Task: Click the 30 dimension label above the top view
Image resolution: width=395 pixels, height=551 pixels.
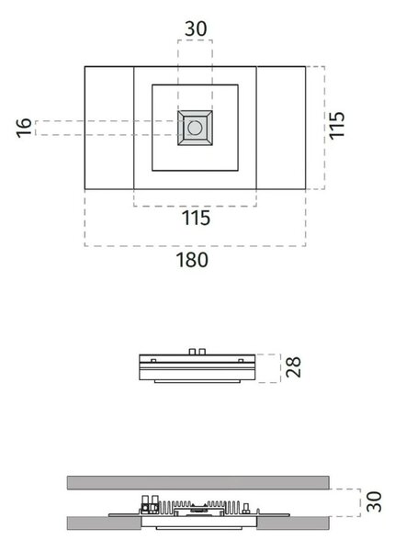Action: pos(196,28)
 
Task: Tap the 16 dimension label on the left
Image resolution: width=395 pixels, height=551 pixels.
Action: pos(24,128)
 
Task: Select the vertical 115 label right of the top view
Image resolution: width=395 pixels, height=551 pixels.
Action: pos(336,126)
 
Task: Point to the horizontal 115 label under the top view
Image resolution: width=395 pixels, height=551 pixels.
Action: pos(196,218)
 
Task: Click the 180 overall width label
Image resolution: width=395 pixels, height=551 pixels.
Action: pos(192,260)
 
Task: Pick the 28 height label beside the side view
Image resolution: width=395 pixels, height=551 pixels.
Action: pos(293,367)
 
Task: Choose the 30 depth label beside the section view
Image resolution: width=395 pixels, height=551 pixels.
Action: pos(374,501)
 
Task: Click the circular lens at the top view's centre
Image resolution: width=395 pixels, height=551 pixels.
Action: pos(195,128)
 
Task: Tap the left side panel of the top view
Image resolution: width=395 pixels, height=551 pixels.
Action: pos(109,128)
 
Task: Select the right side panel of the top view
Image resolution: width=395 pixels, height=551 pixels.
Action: pos(281,128)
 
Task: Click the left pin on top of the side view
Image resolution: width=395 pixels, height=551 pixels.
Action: pos(192,352)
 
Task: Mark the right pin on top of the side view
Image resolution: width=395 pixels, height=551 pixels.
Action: pos(202,352)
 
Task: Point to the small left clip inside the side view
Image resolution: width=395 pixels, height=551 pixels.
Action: pos(153,361)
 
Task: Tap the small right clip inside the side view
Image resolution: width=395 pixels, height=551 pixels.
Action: pos(241,361)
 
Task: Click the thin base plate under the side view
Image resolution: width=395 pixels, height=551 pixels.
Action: pos(197,381)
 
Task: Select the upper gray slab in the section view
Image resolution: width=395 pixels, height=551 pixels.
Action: pos(198,483)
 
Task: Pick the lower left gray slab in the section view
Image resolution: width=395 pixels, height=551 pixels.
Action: pos(104,523)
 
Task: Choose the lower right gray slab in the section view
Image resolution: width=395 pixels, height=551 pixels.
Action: pos(293,523)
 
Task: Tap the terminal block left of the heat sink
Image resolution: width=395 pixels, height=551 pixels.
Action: pos(150,505)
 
